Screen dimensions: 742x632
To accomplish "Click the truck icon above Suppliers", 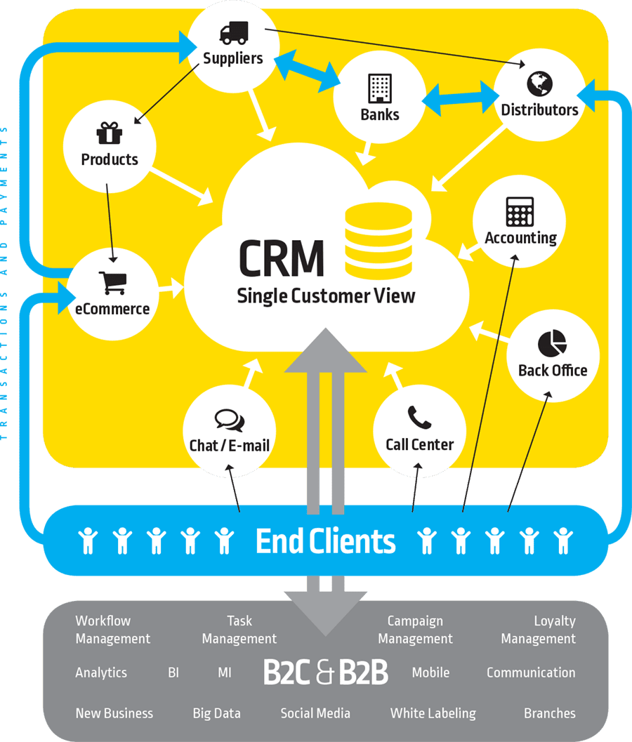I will (x=233, y=33).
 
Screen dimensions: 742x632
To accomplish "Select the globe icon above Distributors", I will (x=539, y=84).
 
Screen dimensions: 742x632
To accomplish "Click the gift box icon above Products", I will (x=109, y=133).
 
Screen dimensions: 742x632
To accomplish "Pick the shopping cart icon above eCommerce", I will (x=112, y=283).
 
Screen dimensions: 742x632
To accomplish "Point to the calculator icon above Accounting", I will (x=520, y=211).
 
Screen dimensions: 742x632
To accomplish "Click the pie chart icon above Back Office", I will (x=552, y=343).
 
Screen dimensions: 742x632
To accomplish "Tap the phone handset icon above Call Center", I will (x=419, y=418).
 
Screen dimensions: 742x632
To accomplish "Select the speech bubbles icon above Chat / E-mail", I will (x=229, y=420).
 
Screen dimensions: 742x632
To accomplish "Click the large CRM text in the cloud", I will (x=282, y=258).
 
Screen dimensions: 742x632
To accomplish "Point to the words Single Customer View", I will (x=326, y=296).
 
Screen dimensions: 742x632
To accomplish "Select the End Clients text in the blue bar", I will (x=325, y=541).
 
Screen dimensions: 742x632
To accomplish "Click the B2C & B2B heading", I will (x=325, y=672).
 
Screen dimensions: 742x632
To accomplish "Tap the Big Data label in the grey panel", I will (x=216, y=713).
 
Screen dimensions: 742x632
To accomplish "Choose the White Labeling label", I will (x=433, y=713).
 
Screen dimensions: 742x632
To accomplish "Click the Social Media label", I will (x=315, y=713).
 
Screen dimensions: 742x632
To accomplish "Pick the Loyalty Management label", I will (x=538, y=630).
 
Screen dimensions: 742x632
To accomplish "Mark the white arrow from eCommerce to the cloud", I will (x=170, y=287).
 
